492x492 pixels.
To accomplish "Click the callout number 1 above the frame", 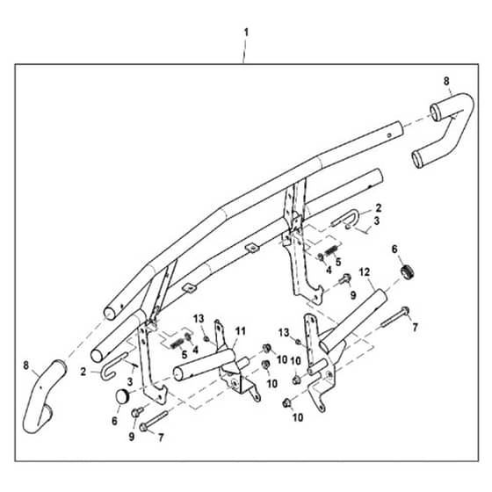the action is pos(246,32).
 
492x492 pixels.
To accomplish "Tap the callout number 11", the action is pos(241,331).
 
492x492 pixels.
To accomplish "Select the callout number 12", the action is pos(365,272).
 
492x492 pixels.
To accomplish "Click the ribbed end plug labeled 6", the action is pos(408,271).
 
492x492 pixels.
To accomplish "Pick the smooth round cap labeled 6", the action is pos(123,396).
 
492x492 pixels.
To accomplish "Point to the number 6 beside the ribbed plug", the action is pos(394,250).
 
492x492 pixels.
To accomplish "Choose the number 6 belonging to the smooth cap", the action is pos(114,421).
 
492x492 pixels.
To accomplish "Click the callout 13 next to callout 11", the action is pos(199,319).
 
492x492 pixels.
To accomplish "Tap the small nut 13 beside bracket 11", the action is pos(206,338).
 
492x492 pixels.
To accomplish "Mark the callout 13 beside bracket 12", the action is pos(284,333).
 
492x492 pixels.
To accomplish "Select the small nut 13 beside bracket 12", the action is pos(298,341).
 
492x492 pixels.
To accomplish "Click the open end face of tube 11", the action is pos(178,374).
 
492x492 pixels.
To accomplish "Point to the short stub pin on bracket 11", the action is pos(243,364).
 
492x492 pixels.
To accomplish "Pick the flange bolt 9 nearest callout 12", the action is pos(344,279).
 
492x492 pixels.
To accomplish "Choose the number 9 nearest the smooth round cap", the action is pos(132,436).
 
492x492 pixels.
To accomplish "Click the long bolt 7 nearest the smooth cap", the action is pos(154,421).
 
